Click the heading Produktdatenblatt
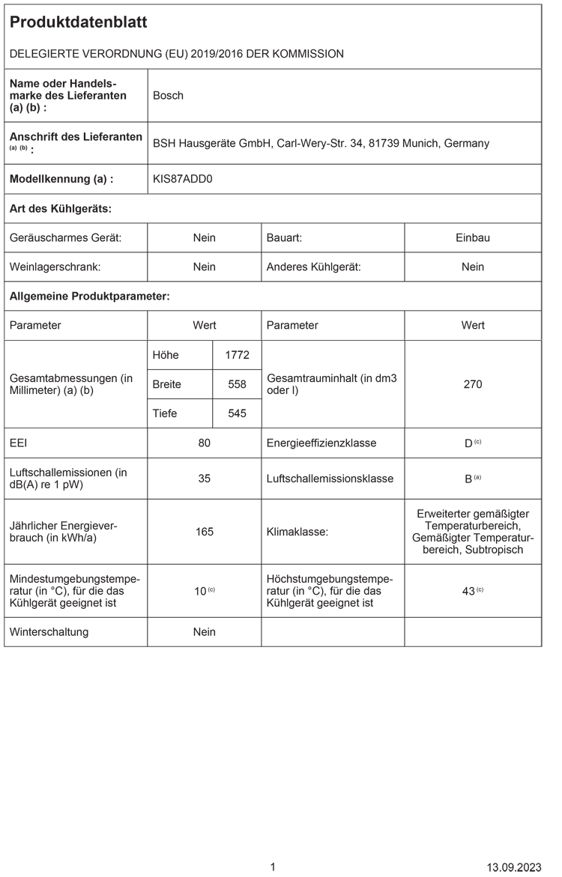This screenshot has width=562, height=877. [x=78, y=23]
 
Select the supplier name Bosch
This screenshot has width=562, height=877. [x=168, y=95]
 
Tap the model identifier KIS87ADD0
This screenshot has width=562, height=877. [x=182, y=179]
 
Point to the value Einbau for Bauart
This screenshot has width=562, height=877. [x=472, y=237]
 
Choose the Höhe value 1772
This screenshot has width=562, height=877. [x=237, y=355]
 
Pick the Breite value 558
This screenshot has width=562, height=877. [x=237, y=384]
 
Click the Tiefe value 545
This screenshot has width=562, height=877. [x=237, y=413]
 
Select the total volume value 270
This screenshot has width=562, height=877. [x=472, y=384]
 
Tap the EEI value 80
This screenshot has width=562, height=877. [x=204, y=443]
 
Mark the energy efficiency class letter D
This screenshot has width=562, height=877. [x=468, y=443]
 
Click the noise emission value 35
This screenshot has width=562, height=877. [x=204, y=478]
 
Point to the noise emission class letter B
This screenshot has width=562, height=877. [x=468, y=479]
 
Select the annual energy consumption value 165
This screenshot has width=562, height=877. [x=204, y=532]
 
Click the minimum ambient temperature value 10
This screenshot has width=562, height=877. [x=200, y=591]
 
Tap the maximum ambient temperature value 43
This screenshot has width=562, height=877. [x=468, y=591]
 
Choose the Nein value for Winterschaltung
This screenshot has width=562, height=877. [x=204, y=631]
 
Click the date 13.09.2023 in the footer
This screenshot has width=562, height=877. [x=513, y=867]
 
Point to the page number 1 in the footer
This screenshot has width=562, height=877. [x=273, y=867]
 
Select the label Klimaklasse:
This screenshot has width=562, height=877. [x=294, y=532]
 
